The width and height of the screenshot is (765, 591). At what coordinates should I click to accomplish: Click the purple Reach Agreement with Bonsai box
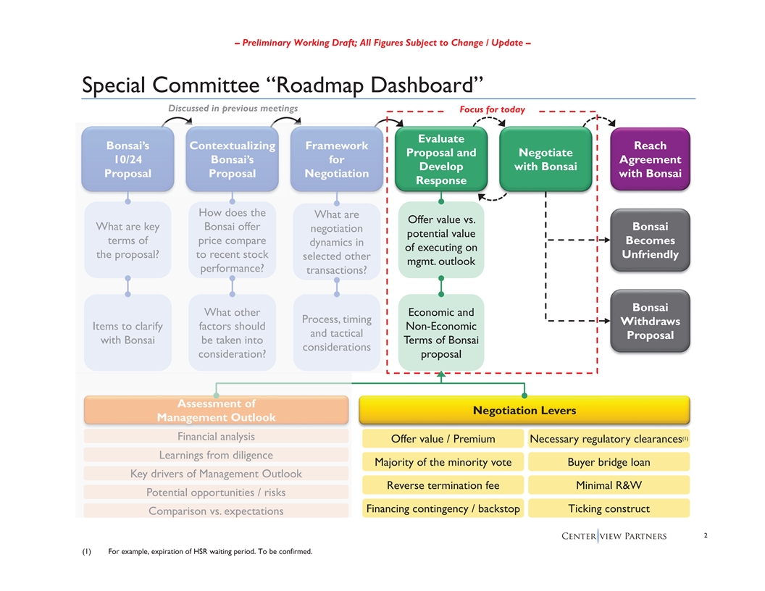tap(650, 159)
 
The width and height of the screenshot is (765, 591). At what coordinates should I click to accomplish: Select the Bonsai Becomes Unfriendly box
tap(650, 240)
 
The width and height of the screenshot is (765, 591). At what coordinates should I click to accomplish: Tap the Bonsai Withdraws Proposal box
tap(650, 321)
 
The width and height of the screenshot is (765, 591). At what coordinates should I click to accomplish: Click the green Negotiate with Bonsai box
tap(545, 159)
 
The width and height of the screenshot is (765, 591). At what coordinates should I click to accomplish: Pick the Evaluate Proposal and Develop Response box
tap(441, 159)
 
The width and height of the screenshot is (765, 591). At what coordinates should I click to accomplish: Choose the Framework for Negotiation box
tap(337, 159)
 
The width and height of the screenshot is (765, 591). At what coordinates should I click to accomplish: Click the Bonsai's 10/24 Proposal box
tap(128, 159)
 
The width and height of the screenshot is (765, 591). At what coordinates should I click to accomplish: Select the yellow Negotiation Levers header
tap(524, 410)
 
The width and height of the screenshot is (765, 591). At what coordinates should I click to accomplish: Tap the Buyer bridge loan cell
tap(609, 462)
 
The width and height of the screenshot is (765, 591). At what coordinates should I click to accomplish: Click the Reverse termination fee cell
tap(443, 485)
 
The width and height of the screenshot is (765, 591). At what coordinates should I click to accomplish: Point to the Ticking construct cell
tap(609, 508)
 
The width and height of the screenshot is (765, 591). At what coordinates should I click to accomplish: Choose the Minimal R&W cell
tap(609, 485)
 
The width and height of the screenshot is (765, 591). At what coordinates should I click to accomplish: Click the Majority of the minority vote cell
tap(443, 462)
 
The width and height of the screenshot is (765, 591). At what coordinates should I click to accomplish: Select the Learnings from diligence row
tap(216, 455)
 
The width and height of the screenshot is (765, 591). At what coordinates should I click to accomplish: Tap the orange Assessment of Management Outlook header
tap(216, 410)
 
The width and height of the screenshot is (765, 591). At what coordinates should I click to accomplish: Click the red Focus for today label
tap(493, 109)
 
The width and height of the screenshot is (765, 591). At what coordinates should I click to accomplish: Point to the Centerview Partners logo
tap(614, 536)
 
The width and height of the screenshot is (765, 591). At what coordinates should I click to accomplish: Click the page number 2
tap(706, 535)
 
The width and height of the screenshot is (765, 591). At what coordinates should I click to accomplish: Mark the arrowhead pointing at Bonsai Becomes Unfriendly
tap(607, 240)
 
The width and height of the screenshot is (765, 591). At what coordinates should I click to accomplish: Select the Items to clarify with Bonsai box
tap(128, 332)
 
